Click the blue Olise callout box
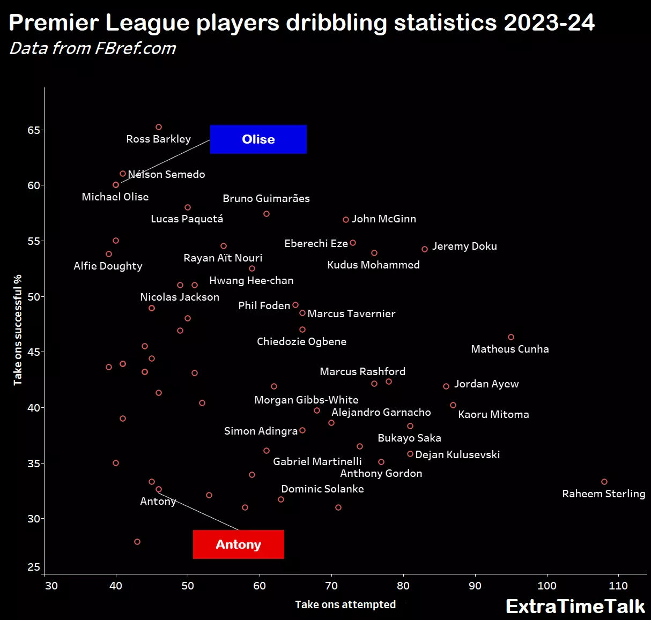(x=258, y=139)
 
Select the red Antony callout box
(x=238, y=544)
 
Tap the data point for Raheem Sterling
(x=604, y=482)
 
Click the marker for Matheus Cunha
(x=511, y=337)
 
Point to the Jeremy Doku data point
(x=425, y=249)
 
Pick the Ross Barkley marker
(x=159, y=127)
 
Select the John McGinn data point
(x=346, y=220)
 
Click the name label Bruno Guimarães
(x=266, y=198)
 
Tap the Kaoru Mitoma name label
(x=493, y=414)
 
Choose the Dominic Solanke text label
(x=322, y=489)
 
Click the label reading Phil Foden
(x=264, y=305)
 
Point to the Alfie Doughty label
(x=108, y=266)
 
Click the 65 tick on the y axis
(x=34, y=130)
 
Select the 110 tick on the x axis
(x=618, y=586)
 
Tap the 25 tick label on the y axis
(x=34, y=567)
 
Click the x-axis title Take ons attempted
(x=345, y=604)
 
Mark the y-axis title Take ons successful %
(x=18, y=330)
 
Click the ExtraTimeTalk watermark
(x=575, y=606)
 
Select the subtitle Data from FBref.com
(x=93, y=48)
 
